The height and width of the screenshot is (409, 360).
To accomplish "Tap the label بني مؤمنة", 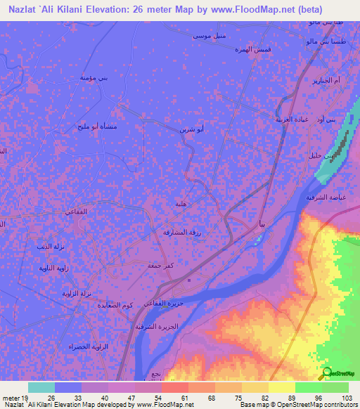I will [x=94, y=79].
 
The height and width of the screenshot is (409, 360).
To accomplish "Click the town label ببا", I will [x=261, y=225].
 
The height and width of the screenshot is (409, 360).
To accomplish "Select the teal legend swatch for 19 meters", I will [x=41, y=387].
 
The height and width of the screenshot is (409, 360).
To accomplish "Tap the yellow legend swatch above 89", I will [x=282, y=387].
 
